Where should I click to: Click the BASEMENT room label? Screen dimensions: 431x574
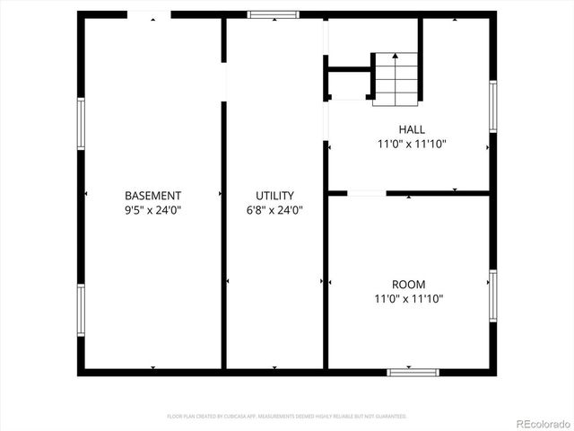click(x=152, y=195)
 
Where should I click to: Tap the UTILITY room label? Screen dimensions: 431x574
click(x=274, y=195)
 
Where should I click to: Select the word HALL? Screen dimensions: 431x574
click(x=413, y=129)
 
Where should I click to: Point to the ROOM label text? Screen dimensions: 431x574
click(x=408, y=285)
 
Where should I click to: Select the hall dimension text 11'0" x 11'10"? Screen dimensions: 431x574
click(x=413, y=144)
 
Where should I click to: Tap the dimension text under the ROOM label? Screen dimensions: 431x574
click(x=408, y=299)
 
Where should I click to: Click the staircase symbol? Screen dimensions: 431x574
click(x=396, y=78)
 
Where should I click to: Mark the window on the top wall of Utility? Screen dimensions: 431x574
click(x=273, y=14)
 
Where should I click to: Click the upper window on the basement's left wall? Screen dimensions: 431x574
click(x=81, y=124)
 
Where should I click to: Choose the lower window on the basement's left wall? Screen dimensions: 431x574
click(x=81, y=310)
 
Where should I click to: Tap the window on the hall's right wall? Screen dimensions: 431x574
click(x=492, y=107)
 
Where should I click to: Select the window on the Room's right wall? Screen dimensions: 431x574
click(x=492, y=295)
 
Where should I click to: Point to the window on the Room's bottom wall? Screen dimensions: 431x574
click(x=413, y=371)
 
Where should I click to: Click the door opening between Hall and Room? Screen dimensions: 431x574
click(x=366, y=192)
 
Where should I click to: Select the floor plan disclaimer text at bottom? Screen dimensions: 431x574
click(x=287, y=417)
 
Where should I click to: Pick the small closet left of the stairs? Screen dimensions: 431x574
click(x=348, y=84)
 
